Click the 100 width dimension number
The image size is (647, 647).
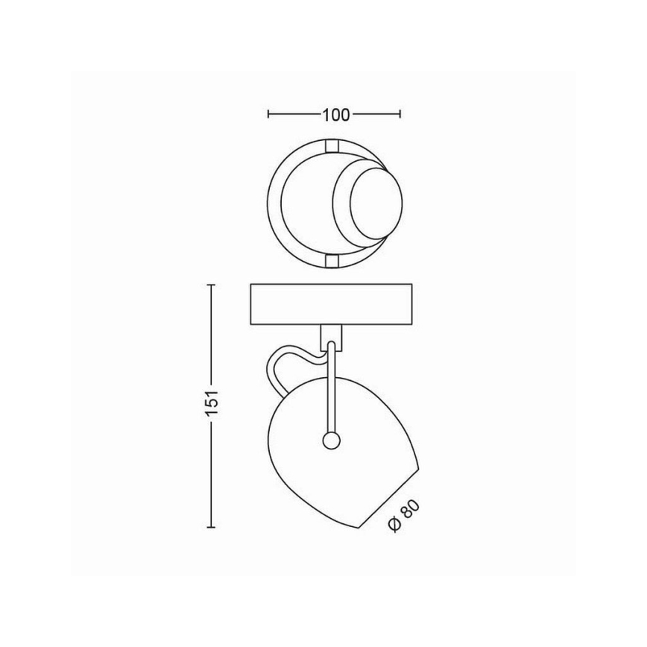[x=336, y=115]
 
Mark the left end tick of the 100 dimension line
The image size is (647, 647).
[x=268, y=115]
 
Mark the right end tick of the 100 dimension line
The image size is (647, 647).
[x=402, y=115]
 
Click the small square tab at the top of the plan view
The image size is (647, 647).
[x=330, y=143]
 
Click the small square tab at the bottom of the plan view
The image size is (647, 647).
[x=330, y=260]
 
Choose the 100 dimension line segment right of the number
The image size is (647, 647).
[x=376, y=115]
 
